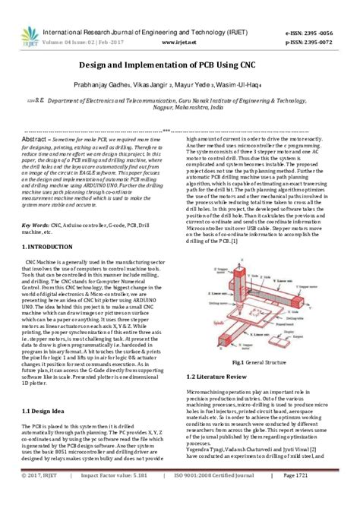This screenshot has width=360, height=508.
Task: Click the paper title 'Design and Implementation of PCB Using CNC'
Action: (179, 65)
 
